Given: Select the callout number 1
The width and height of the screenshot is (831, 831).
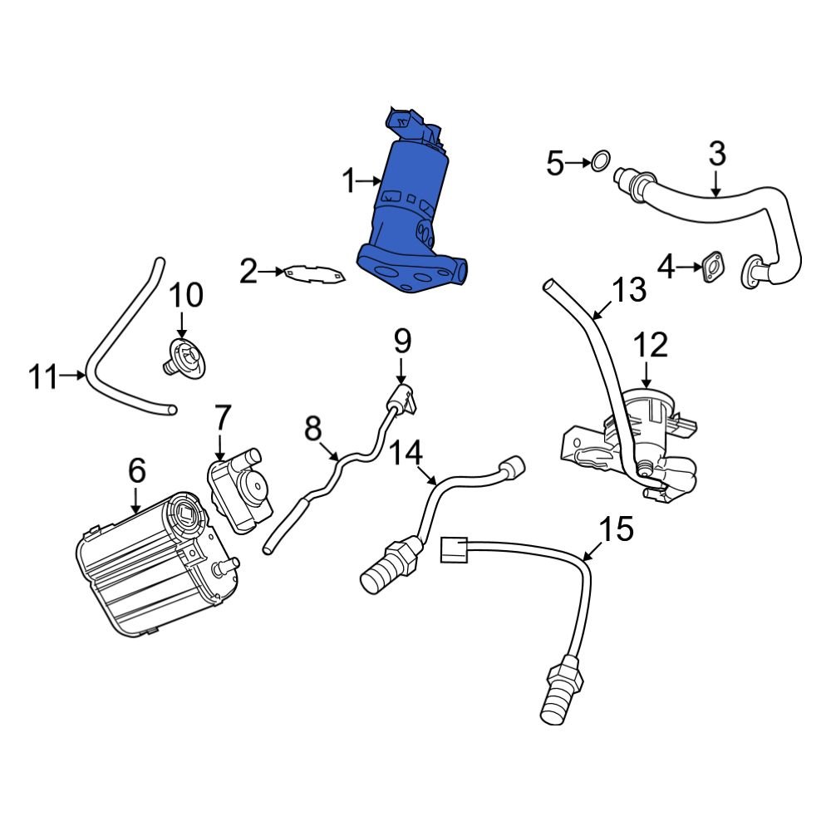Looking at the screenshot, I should (349, 179).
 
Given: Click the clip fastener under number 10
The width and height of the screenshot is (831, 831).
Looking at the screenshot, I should (184, 360).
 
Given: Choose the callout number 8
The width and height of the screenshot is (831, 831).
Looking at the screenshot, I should (312, 429).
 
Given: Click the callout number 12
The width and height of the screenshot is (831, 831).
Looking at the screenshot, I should (652, 345).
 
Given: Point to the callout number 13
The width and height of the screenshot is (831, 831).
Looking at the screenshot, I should (628, 290).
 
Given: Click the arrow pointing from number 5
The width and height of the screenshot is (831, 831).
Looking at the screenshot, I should (578, 164).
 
